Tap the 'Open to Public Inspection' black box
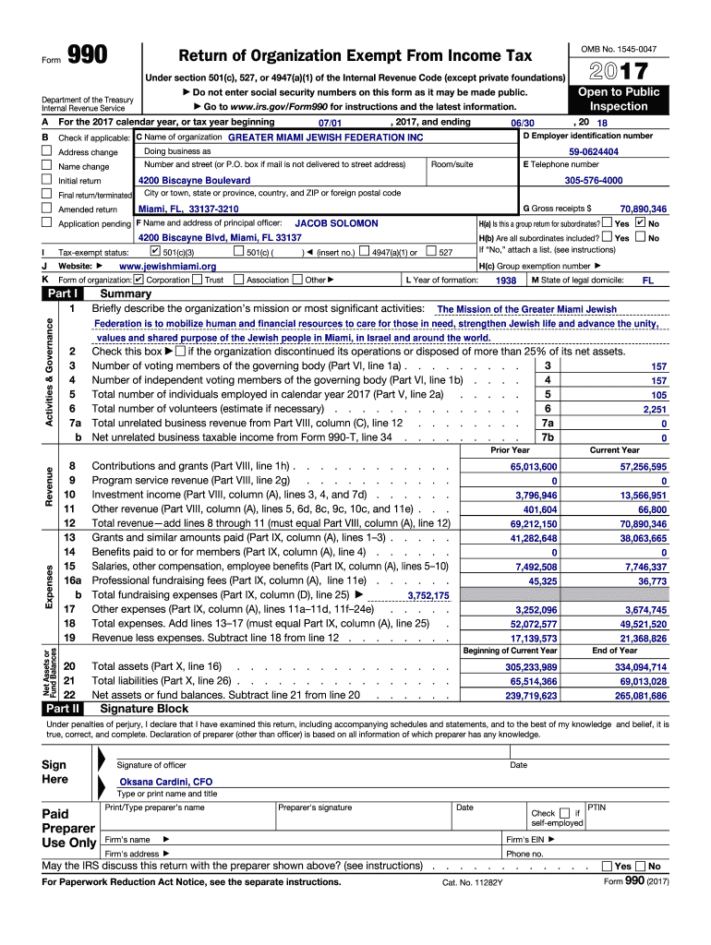pos(619,99)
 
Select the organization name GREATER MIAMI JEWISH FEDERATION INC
pos(325,138)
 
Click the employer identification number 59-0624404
pos(594,151)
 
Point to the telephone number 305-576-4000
pos(593,181)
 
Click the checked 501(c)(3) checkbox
pos(154,251)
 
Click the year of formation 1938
pos(506,281)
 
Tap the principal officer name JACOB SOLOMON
pos(336,223)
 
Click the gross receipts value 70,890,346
pos(644,209)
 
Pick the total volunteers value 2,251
pos(654,409)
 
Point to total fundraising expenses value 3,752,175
pos(428,596)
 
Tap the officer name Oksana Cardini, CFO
pos(164,782)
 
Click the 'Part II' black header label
pos(63,709)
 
